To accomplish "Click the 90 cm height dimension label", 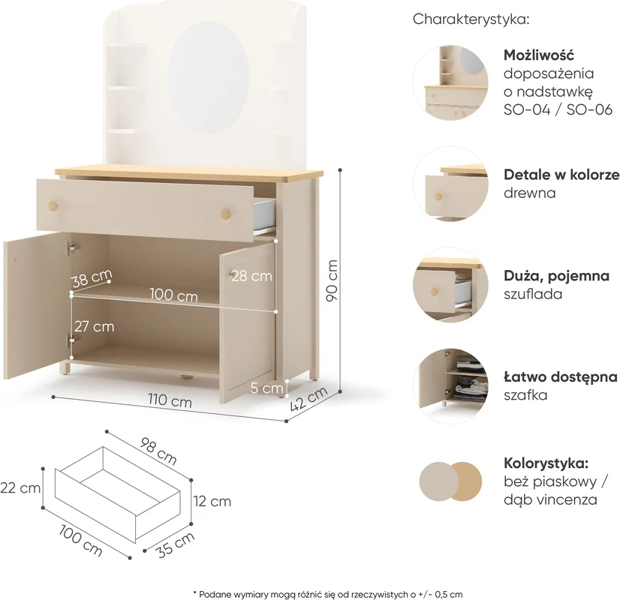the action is (x=332, y=280).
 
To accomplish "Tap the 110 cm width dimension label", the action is (x=170, y=400).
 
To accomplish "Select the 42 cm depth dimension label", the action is (x=308, y=398).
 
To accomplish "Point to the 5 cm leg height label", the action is (x=266, y=388).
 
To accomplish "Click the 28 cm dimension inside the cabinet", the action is (x=251, y=276).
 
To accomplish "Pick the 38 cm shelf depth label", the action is (x=92, y=278).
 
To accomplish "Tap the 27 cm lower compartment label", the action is (x=94, y=327).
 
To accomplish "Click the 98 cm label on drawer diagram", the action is (x=158, y=451).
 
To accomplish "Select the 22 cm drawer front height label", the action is (x=20, y=487).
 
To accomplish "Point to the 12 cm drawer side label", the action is (x=212, y=501).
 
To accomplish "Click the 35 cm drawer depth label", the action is (x=176, y=545).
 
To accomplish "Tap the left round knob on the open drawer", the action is (x=53, y=205).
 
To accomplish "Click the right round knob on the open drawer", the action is (x=226, y=213).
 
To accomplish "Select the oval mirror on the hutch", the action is (x=209, y=76).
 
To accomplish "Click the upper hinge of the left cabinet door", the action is (x=72, y=248).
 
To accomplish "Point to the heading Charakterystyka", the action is (x=471, y=19).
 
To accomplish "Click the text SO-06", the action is (x=589, y=109).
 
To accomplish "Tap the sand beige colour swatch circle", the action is (x=438, y=481).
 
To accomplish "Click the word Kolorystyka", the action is (x=546, y=463).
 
